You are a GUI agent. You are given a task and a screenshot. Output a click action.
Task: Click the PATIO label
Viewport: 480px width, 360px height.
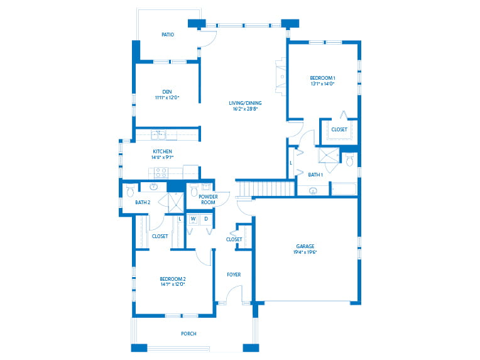[167, 35]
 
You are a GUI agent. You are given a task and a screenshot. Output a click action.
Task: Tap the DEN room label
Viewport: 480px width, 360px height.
[167, 92]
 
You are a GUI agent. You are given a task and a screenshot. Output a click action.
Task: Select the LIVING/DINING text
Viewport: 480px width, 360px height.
[245, 103]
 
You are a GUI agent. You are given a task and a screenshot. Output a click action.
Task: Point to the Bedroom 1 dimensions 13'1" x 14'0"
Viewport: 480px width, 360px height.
[322, 84]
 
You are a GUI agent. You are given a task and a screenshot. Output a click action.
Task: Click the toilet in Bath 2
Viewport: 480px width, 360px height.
[130, 189]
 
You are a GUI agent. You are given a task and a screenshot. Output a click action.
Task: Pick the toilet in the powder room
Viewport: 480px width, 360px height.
[195, 189]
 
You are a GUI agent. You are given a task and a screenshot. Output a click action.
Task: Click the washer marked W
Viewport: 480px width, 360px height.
[194, 219]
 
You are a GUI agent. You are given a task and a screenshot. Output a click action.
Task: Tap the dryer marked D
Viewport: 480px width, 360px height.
[206, 219]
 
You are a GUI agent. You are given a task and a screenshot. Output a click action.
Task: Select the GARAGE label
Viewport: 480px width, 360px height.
[305, 246]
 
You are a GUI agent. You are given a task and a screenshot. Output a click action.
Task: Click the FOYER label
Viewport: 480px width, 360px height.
[233, 275]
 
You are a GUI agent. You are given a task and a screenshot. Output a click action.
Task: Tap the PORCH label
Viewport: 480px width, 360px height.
[188, 334]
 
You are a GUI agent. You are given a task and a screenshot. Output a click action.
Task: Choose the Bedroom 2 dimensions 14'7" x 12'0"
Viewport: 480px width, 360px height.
[172, 285]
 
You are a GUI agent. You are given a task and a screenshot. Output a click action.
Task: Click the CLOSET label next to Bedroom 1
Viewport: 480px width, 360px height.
[339, 129]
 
